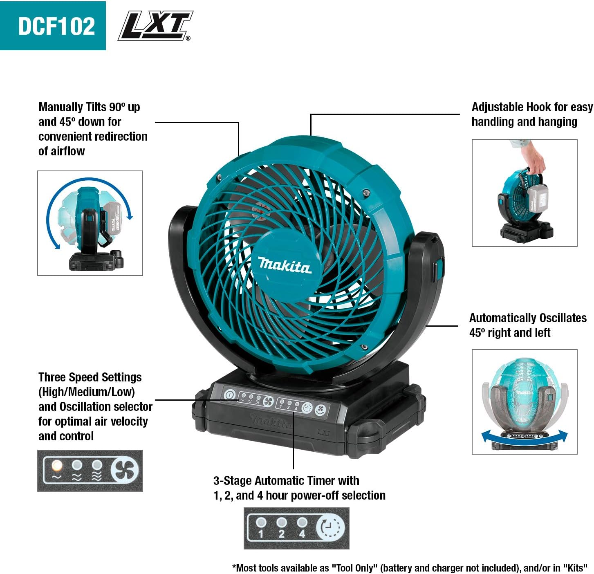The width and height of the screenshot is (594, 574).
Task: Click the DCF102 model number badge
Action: pos(53,26)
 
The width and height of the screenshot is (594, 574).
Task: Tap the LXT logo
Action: pos(155,26)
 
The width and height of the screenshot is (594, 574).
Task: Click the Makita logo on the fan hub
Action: pos(285,265)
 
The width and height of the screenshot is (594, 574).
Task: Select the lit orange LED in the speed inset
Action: pos(57,465)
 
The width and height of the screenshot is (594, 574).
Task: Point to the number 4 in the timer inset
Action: pos(302,534)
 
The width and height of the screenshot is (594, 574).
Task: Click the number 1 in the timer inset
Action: pos(261,534)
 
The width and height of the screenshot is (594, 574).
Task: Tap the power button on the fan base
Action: pos(229,395)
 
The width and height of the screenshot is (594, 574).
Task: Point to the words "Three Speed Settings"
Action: pos(90,377)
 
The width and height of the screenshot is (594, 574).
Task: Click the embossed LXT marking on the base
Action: pos(323,432)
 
